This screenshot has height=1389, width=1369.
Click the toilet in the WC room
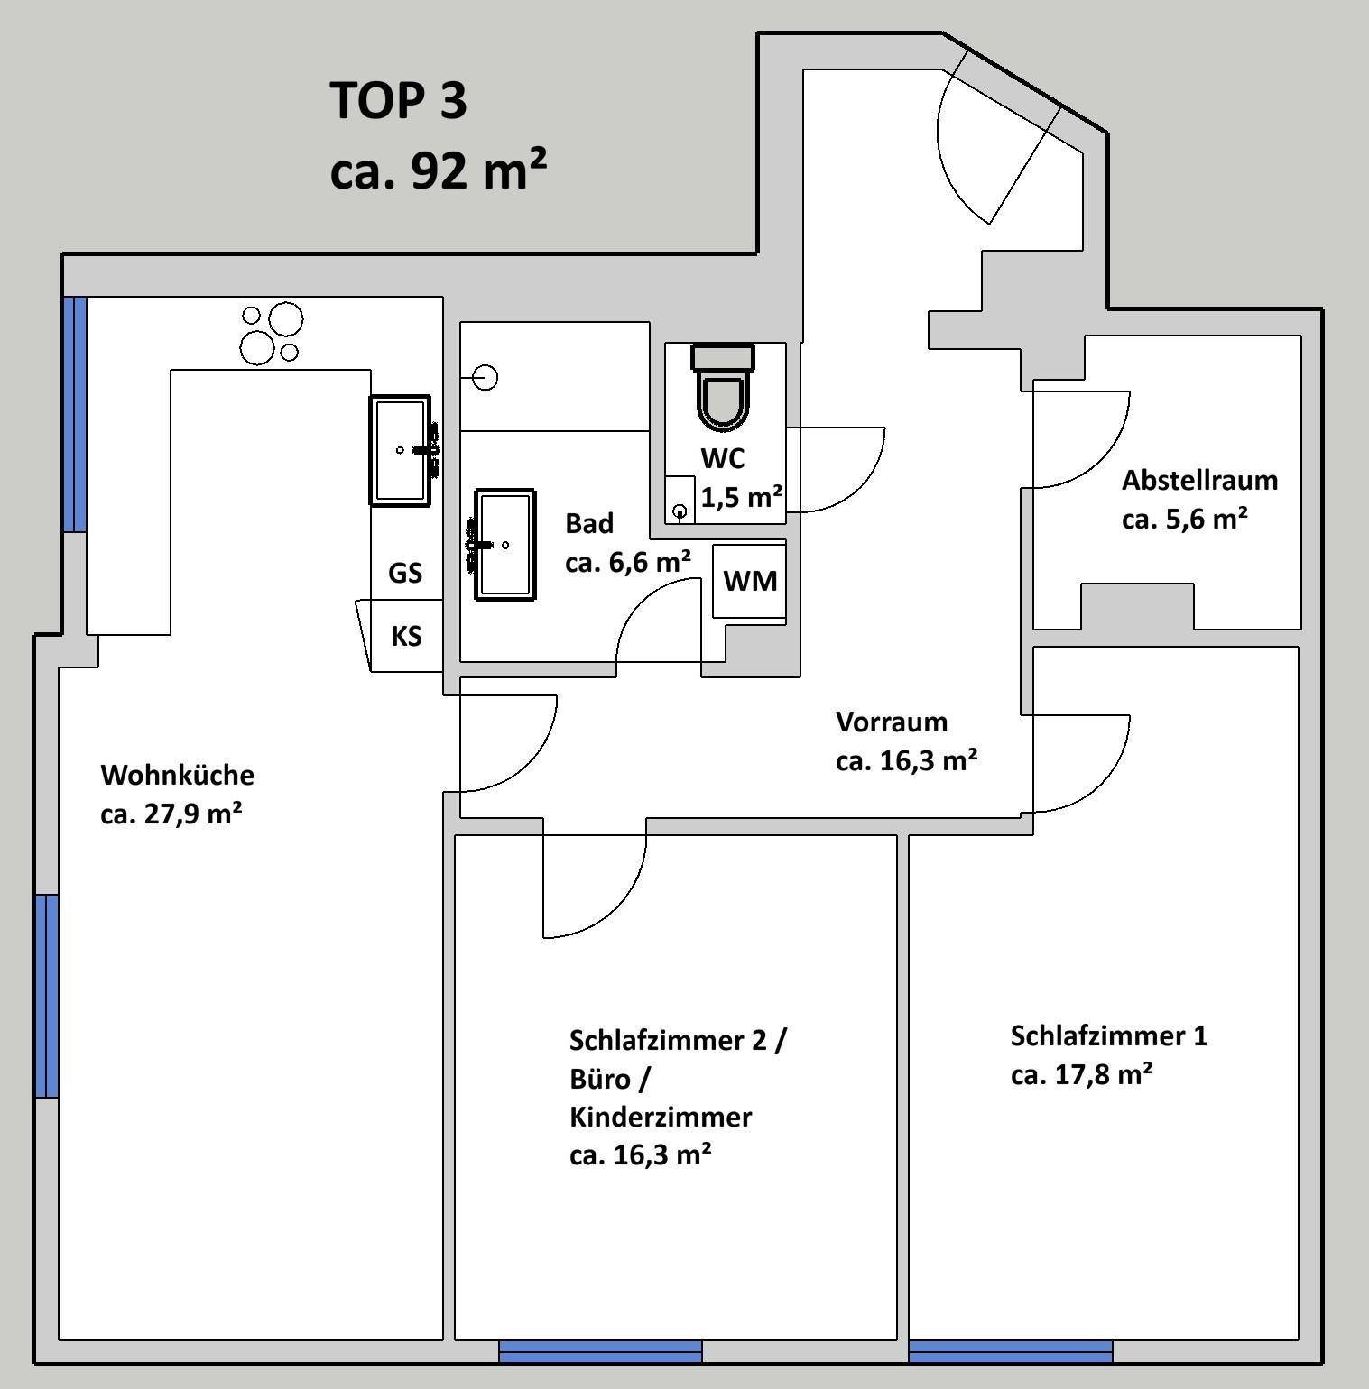click(x=722, y=386)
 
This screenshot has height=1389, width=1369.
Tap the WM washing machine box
click(x=749, y=581)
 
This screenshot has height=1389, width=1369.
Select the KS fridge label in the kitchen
click(x=406, y=636)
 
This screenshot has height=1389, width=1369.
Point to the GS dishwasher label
click(x=405, y=573)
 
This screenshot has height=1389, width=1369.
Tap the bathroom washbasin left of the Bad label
click(x=504, y=544)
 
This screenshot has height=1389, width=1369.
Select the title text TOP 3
click(x=398, y=99)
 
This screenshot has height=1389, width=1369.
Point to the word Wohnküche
click(x=178, y=775)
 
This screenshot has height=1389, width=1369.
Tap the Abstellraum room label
click(x=1199, y=480)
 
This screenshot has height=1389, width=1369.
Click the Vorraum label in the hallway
click(x=892, y=722)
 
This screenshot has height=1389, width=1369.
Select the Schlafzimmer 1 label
click(x=1108, y=1035)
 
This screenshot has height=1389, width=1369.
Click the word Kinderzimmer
click(x=661, y=1117)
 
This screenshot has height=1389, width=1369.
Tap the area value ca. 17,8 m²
click(x=1081, y=1074)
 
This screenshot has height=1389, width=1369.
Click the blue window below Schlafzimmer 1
click(x=1011, y=1351)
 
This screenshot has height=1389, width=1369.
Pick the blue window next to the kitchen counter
click(x=75, y=414)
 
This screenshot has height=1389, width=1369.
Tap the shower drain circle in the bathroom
click(x=486, y=377)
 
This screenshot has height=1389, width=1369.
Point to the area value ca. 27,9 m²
click(x=171, y=814)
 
